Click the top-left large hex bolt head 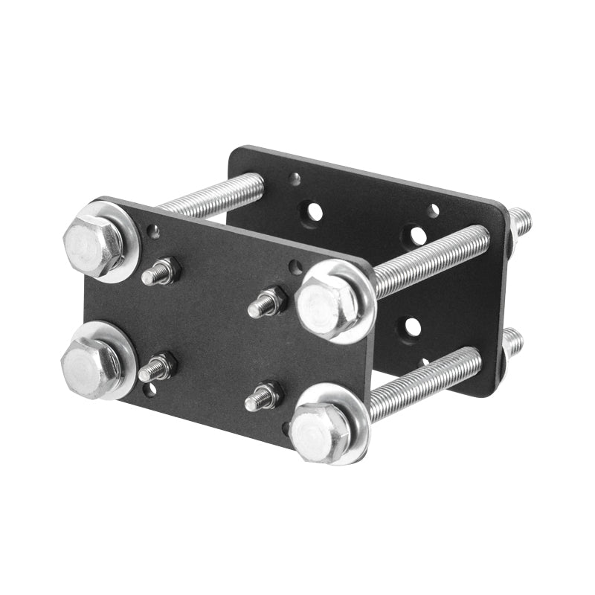(x=93, y=245)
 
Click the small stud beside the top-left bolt (x=159, y=272)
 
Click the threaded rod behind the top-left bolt (x=212, y=194)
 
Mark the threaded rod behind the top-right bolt (x=431, y=260)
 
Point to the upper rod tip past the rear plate (x=521, y=219)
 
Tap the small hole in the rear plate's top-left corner (x=295, y=178)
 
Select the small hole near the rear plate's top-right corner (x=433, y=211)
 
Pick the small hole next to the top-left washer (x=154, y=231)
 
